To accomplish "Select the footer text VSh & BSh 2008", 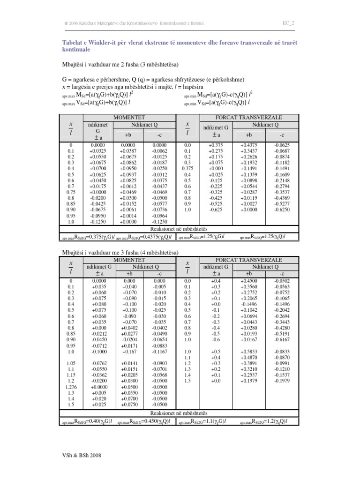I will pyautogui.click(x=82, y=455).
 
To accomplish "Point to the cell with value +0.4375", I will pyautogui.click(x=249, y=145).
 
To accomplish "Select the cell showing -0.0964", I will pyautogui.click(x=159, y=217).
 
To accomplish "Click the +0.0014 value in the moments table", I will pyautogui.click(x=128, y=217).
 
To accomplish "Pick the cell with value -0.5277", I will pyautogui.click(x=282, y=204).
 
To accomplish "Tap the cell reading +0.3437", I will pyautogui.click(x=249, y=151).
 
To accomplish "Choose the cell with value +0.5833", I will pyautogui.click(x=249, y=351).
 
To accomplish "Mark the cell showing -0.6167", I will pyautogui.click(x=282, y=339).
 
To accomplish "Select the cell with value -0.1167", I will pyautogui.click(x=159, y=351).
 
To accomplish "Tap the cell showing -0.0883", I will pyautogui.click(x=159, y=345).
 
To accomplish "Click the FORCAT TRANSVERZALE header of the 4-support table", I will pyautogui.click(x=248, y=260).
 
